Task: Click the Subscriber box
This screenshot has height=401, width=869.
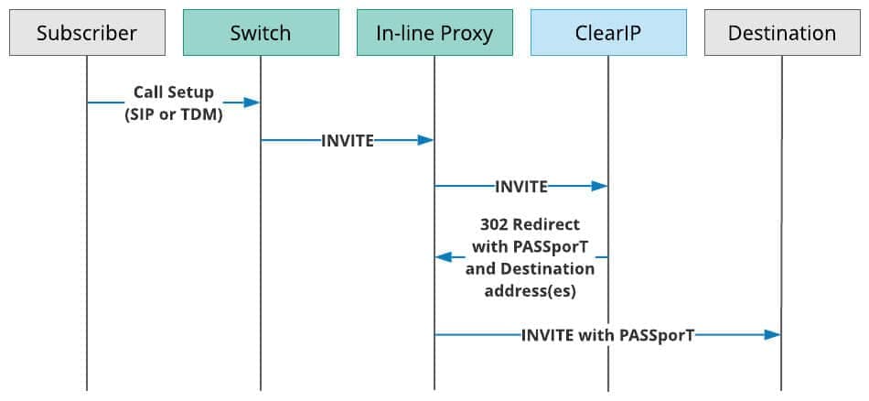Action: [x=87, y=32]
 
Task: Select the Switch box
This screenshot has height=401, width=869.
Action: [x=261, y=32]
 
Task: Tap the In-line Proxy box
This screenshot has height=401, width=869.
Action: [x=434, y=32]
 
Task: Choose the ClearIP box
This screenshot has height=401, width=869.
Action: [x=608, y=32]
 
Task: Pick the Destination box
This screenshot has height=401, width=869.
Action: [x=782, y=32]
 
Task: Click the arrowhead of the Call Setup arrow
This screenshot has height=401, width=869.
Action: [x=252, y=103]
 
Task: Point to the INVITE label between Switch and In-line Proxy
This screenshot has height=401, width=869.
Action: [x=348, y=140]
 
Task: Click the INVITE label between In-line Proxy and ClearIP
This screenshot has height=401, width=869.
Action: [x=521, y=187]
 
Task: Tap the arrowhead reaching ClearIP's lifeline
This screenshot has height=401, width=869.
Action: [x=599, y=187]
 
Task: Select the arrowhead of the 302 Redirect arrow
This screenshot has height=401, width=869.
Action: [x=444, y=257]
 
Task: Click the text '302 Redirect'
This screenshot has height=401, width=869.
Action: [x=530, y=224]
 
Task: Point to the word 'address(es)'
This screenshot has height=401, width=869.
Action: [x=531, y=291]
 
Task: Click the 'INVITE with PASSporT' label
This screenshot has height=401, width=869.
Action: [x=607, y=335]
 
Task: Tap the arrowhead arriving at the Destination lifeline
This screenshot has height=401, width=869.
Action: [x=773, y=335]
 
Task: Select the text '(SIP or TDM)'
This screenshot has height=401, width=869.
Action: [x=174, y=116]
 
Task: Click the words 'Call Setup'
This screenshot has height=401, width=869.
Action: [x=174, y=92]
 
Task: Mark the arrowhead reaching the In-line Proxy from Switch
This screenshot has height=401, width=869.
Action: [x=425, y=140]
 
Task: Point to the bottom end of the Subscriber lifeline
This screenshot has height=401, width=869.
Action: [x=87, y=390]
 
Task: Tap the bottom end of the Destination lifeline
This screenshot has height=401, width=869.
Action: [x=782, y=390]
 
